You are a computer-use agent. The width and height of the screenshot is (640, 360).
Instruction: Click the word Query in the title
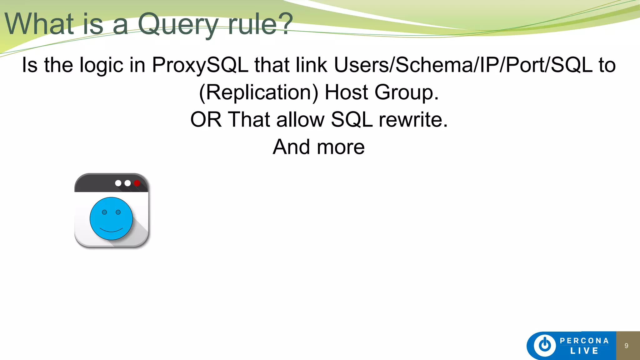pyautogui.click(x=177, y=24)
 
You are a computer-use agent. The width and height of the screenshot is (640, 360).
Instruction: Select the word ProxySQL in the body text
pyautogui.click(x=200, y=65)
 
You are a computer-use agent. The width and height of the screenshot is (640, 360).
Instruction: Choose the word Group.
pyautogui.click(x=406, y=93)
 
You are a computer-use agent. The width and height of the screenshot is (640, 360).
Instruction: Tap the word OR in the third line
pyautogui.click(x=206, y=120)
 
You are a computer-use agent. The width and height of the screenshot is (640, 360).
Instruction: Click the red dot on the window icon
pyautogui.click(x=137, y=183)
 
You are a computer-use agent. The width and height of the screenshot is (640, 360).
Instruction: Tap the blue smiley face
pyautogui.click(x=111, y=219)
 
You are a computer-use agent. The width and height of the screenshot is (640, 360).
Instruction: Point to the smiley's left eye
pyautogui.click(x=105, y=212)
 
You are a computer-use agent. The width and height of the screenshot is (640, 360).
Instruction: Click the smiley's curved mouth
pyautogui.click(x=111, y=230)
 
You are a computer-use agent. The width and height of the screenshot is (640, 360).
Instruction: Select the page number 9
pyautogui.click(x=626, y=346)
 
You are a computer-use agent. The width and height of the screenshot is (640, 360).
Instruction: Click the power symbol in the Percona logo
pyautogui.click(x=545, y=345)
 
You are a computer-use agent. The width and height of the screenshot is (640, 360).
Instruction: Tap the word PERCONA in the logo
pyautogui.click(x=584, y=341)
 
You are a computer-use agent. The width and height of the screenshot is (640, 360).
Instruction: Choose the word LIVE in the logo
pyautogui.click(x=584, y=351)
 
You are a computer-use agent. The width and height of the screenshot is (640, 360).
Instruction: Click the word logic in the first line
pyautogui.click(x=102, y=65)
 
